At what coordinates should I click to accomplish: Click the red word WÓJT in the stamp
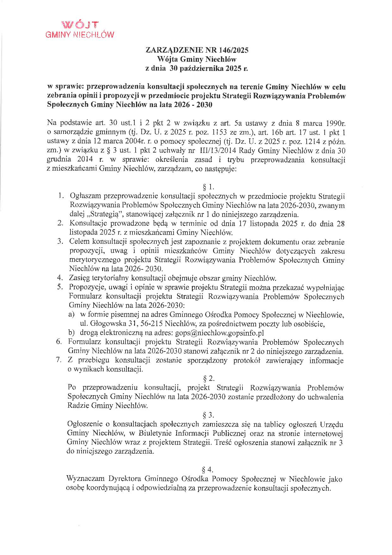pos(80,25)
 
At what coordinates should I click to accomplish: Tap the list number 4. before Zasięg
pos(59,278)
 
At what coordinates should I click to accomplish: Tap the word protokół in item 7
pos(247,361)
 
